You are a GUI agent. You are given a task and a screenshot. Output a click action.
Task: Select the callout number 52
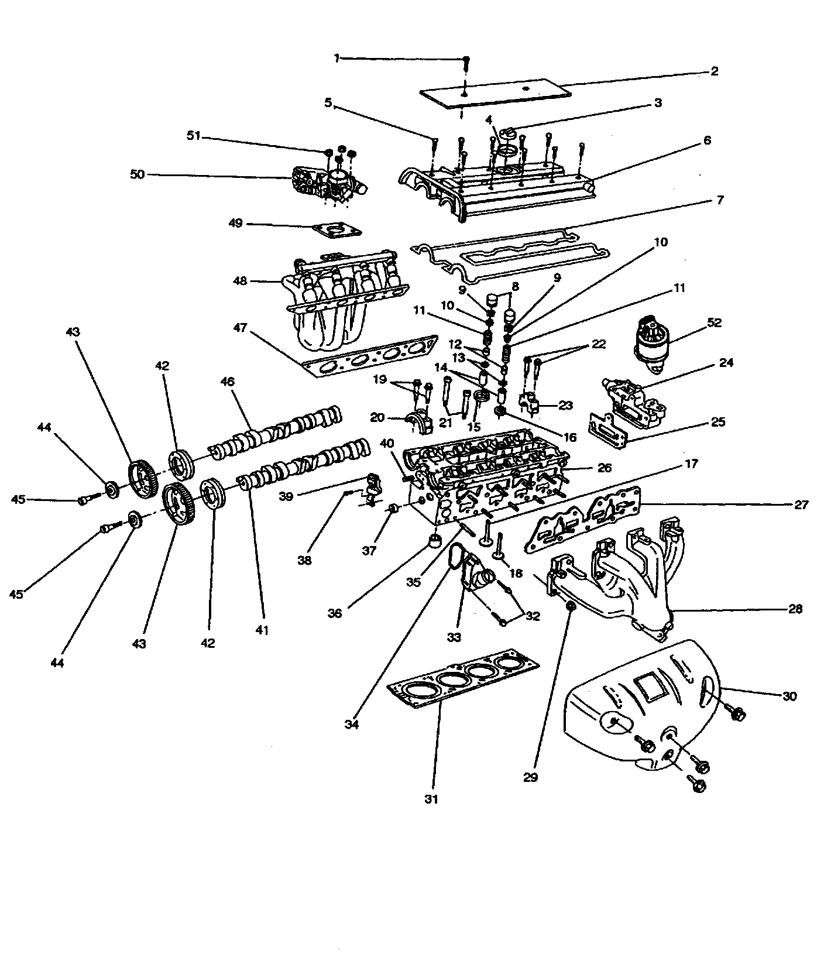click(x=714, y=322)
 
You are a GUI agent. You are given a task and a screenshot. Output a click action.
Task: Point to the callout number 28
click(x=795, y=609)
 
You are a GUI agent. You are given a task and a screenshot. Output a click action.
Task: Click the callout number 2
click(x=714, y=71)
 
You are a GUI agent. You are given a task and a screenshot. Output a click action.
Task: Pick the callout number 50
click(x=137, y=174)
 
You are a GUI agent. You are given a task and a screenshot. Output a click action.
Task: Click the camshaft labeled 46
click(x=275, y=434)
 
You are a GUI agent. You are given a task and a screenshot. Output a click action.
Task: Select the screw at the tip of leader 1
click(x=466, y=60)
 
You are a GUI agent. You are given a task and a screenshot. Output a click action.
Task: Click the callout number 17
click(x=692, y=464)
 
